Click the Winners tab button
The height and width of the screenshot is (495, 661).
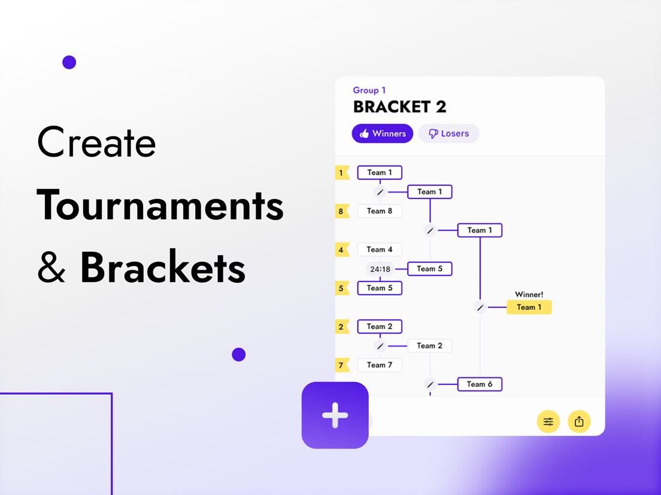(x=383, y=133)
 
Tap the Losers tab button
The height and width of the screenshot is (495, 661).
(x=448, y=133)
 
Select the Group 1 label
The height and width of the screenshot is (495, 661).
(x=369, y=90)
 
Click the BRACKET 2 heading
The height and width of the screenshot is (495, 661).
(x=399, y=107)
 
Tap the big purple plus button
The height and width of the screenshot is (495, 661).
(x=335, y=415)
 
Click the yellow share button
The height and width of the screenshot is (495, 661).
(x=579, y=421)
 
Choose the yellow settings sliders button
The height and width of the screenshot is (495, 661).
(x=548, y=421)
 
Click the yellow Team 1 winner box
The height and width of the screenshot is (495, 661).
(x=529, y=307)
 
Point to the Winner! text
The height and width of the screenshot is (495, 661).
(x=529, y=294)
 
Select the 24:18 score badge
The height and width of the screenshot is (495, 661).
(x=380, y=269)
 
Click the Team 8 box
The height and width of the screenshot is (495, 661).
(x=380, y=211)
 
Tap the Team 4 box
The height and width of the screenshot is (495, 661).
(x=380, y=249)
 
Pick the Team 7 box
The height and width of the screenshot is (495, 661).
(x=380, y=365)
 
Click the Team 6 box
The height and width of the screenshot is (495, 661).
(x=480, y=384)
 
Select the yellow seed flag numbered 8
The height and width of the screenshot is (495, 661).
(x=342, y=211)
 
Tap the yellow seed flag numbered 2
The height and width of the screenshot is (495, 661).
(x=342, y=326)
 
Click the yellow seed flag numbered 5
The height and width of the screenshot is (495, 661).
(x=342, y=288)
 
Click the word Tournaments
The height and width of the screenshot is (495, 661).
(x=160, y=205)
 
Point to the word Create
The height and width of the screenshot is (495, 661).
(x=96, y=143)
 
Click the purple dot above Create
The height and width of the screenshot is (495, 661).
(x=69, y=62)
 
